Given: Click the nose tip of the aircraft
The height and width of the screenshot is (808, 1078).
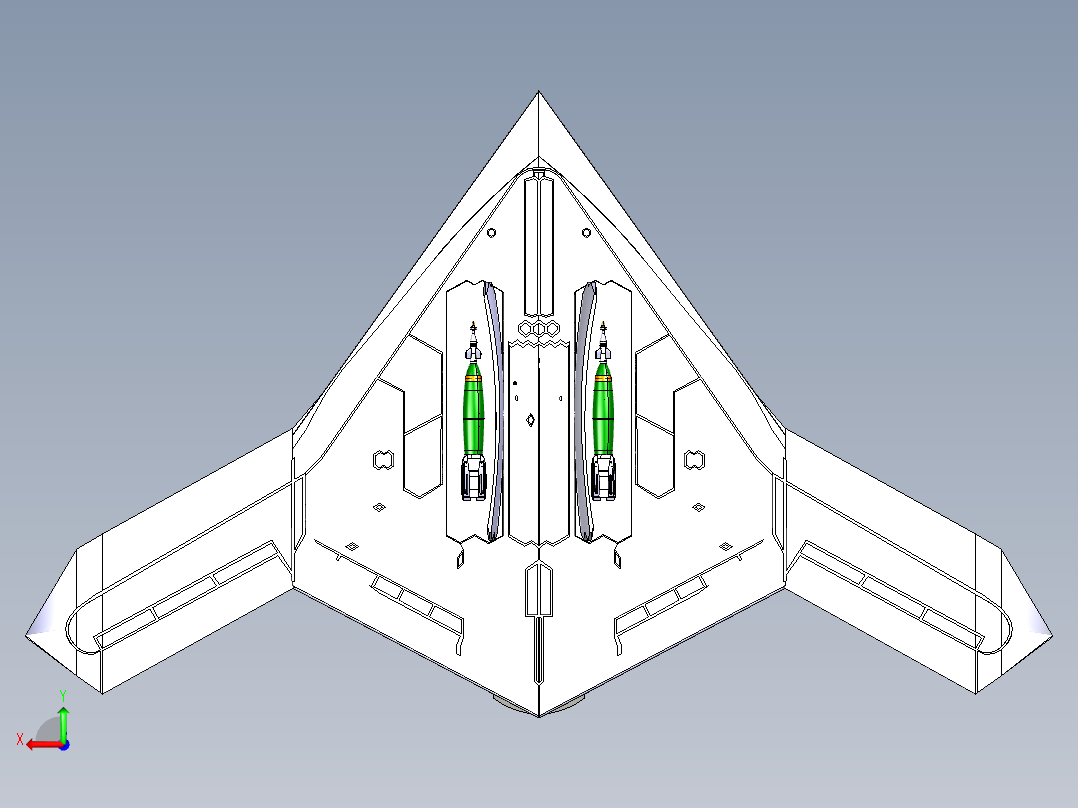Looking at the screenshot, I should (539, 95).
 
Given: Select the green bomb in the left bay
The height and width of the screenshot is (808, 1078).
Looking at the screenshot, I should (475, 408).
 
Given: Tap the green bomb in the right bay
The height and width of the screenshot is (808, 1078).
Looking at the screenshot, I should (603, 408).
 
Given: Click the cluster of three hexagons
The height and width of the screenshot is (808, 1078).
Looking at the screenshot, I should (539, 328).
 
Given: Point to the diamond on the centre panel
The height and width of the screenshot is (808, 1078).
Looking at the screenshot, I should (530, 420).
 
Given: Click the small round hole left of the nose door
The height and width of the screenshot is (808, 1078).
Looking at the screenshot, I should (491, 233).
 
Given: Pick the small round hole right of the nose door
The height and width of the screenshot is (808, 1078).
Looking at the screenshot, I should (586, 233).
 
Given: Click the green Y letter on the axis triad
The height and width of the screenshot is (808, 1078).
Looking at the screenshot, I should (62, 694).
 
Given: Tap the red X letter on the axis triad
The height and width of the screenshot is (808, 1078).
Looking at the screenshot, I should (20, 740).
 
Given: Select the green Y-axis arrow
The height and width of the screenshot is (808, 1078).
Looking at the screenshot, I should (63, 720).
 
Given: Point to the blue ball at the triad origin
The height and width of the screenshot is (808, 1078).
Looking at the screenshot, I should (63, 743).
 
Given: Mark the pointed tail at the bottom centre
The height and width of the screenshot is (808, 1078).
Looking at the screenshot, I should (539, 712).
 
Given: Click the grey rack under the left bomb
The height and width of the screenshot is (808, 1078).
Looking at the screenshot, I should (474, 477).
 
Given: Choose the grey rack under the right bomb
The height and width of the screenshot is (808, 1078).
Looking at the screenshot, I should (604, 477).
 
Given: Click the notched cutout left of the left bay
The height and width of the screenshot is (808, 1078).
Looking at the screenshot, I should (381, 460).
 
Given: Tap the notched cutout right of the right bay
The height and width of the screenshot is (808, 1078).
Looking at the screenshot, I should (693, 460).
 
